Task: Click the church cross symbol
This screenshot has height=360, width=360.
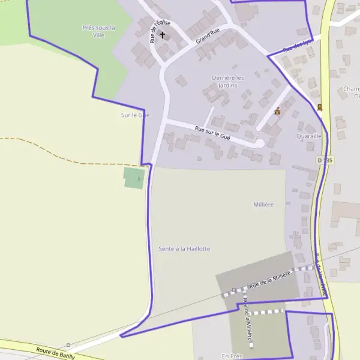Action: click(162, 35)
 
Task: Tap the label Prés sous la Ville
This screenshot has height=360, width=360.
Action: click(98, 31)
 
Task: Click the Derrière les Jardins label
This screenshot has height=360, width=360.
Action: click(228, 82)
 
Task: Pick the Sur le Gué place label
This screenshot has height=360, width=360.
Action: click(135, 115)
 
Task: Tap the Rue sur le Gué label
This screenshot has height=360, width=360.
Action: click(212, 133)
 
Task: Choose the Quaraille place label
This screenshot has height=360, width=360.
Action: click(309, 136)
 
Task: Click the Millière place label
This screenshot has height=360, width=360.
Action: click(263, 205)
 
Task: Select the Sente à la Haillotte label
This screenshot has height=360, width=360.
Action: click(184, 248)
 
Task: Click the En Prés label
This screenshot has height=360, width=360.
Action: click(231, 356)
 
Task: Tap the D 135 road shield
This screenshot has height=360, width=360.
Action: click(325, 161)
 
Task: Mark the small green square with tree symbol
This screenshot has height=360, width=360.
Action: click(134, 178)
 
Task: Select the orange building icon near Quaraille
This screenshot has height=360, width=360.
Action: click(277, 111)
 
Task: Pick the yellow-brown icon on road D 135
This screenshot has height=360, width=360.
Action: click(320, 107)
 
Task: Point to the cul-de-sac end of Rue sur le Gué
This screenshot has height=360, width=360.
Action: click(260, 143)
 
